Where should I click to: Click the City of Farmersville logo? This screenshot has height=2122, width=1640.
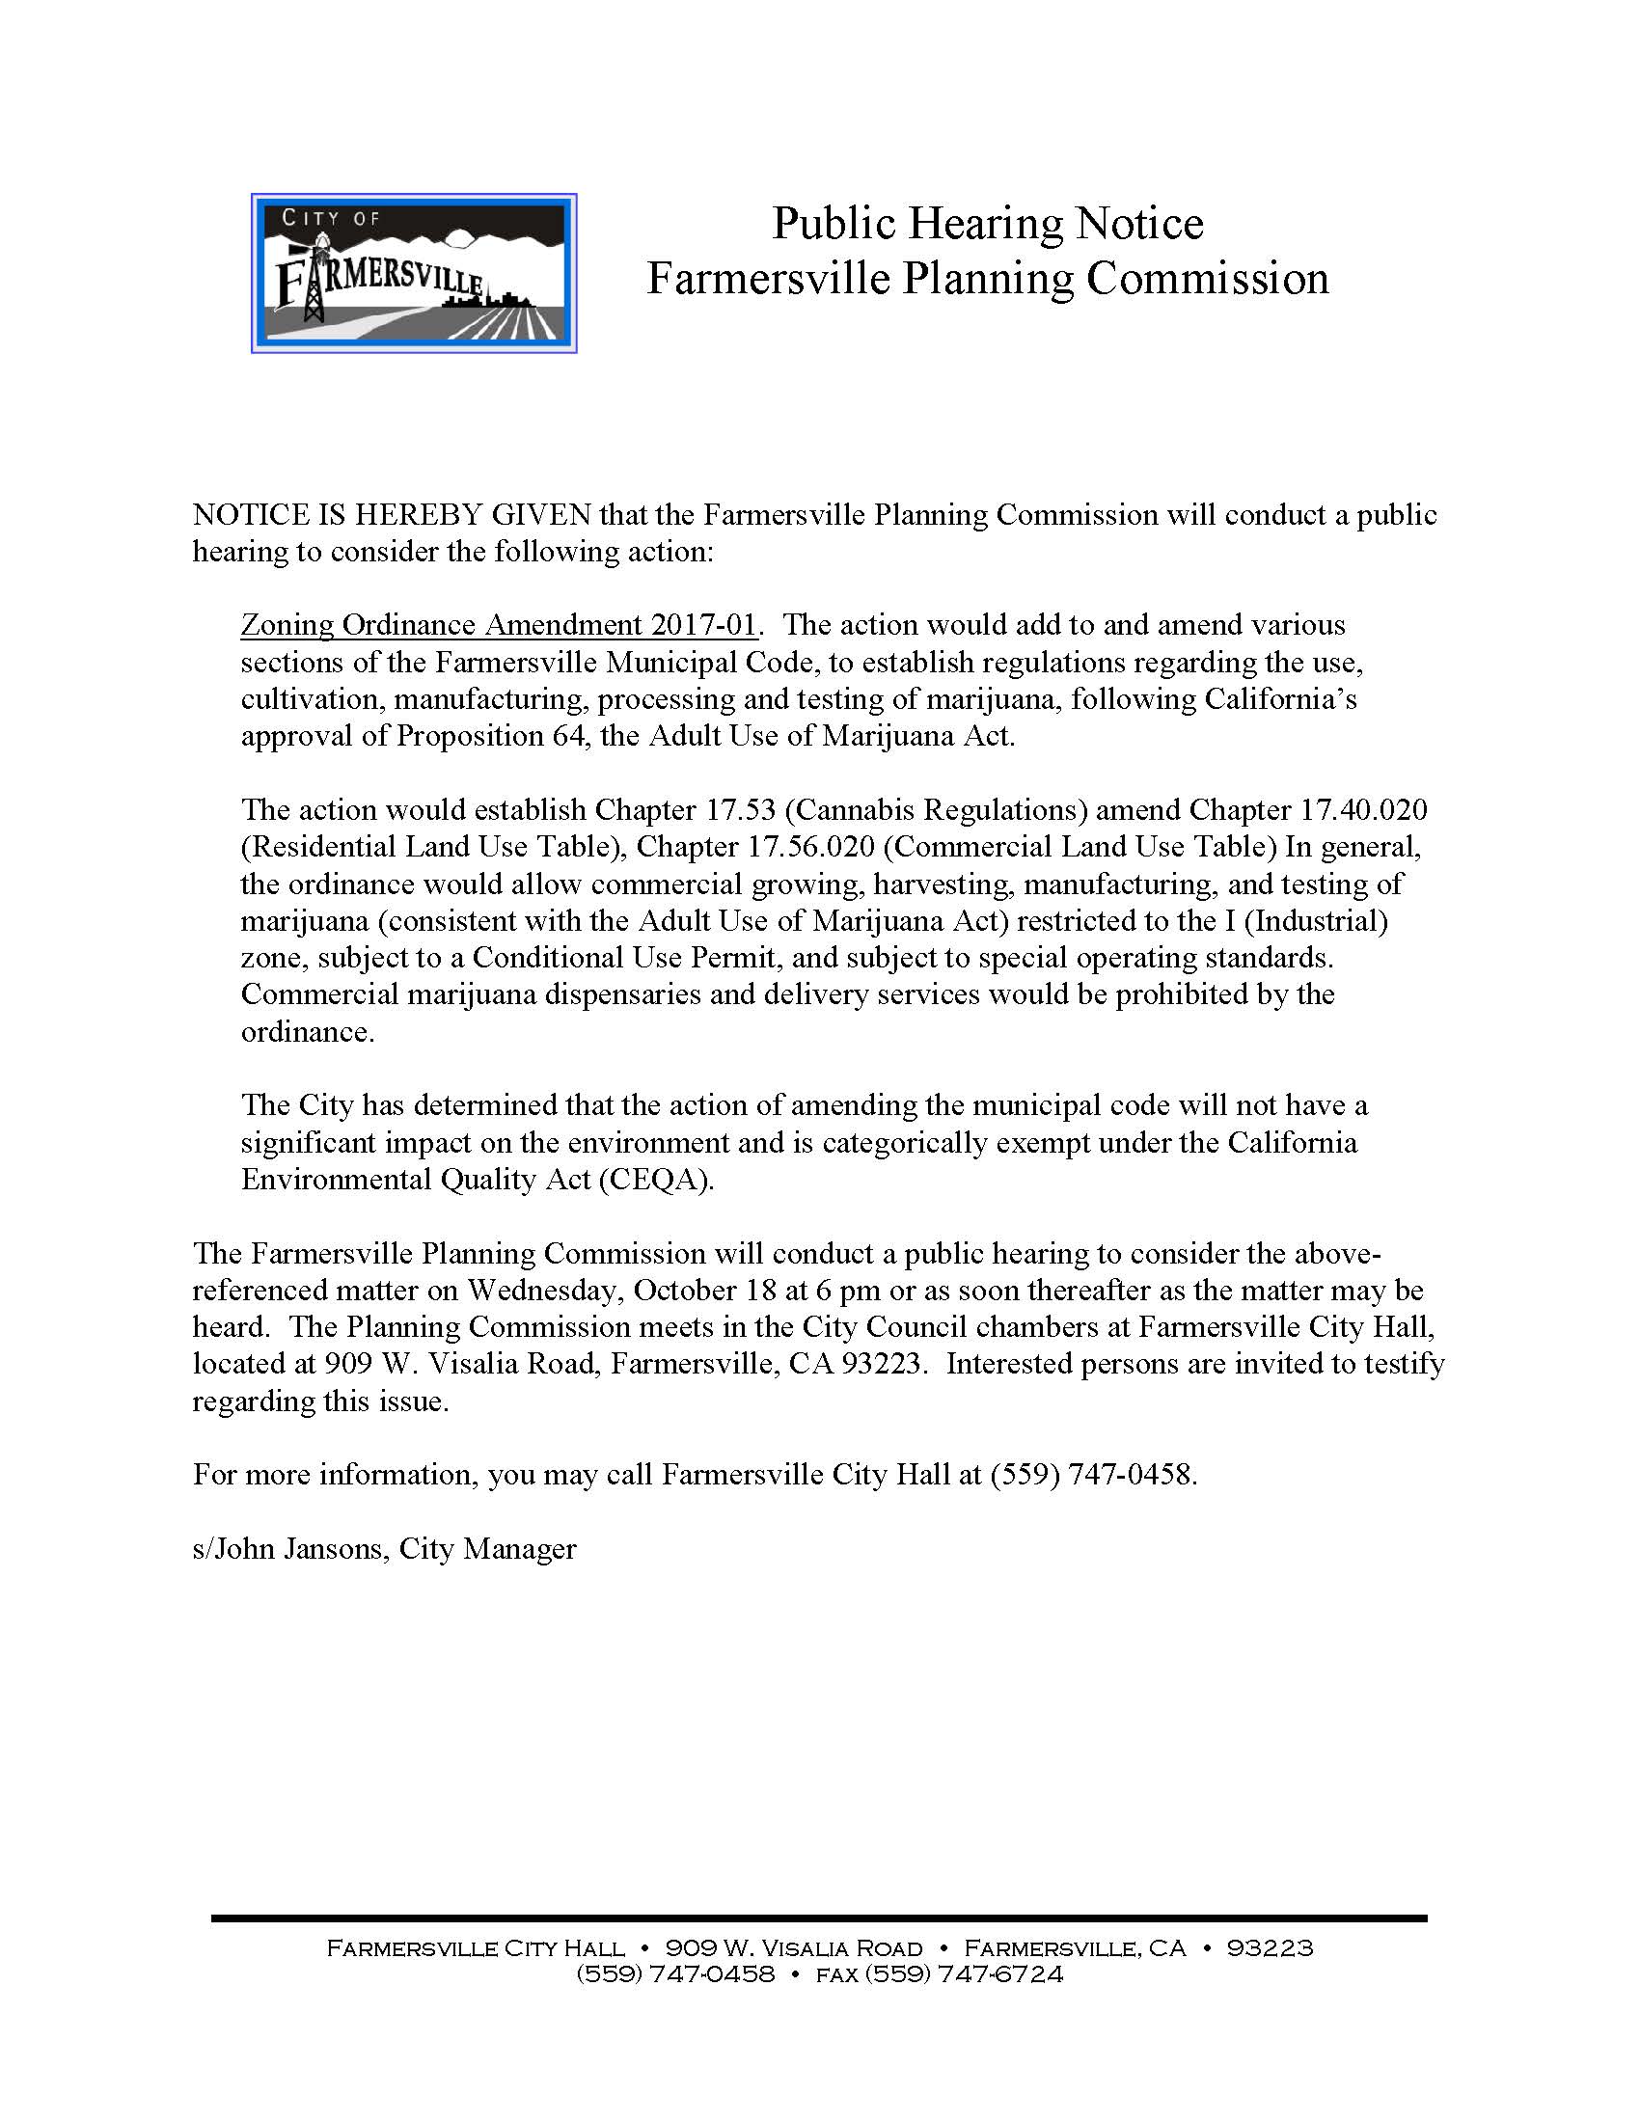pyautogui.click(x=414, y=273)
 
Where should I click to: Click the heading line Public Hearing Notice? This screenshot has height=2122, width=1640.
pyautogui.click(x=987, y=224)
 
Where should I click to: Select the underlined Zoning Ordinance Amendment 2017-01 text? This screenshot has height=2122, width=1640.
pyautogui.click(x=498, y=624)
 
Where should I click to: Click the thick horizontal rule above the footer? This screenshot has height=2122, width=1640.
pyautogui.click(x=819, y=1918)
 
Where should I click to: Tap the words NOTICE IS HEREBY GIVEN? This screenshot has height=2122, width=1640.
pyautogui.click(x=392, y=514)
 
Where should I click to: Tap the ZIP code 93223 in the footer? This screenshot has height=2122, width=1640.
pyautogui.click(x=1270, y=1948)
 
